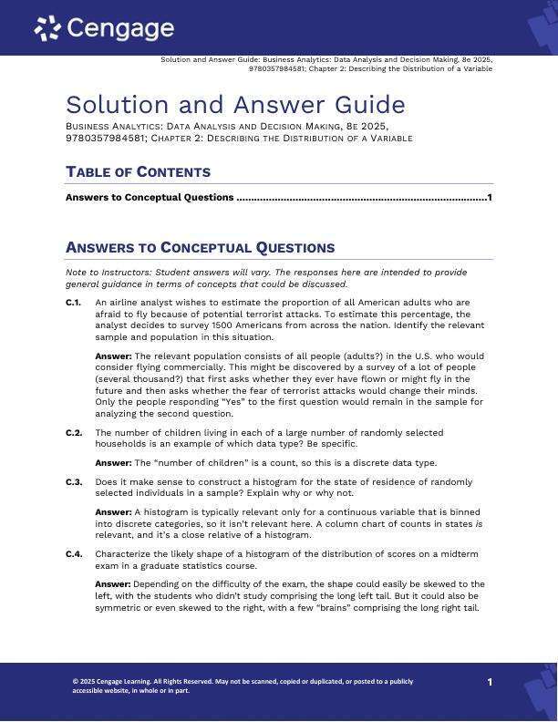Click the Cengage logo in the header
(x=104, y=28)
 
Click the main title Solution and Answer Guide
(x=235, y=105)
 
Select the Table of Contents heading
(x=138, y=172)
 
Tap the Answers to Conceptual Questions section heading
(x=200, y=248)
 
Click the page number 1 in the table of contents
(x=490, y=198)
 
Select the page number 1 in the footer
(x=490, y=682)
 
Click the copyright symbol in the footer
(x=75, y=681)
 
